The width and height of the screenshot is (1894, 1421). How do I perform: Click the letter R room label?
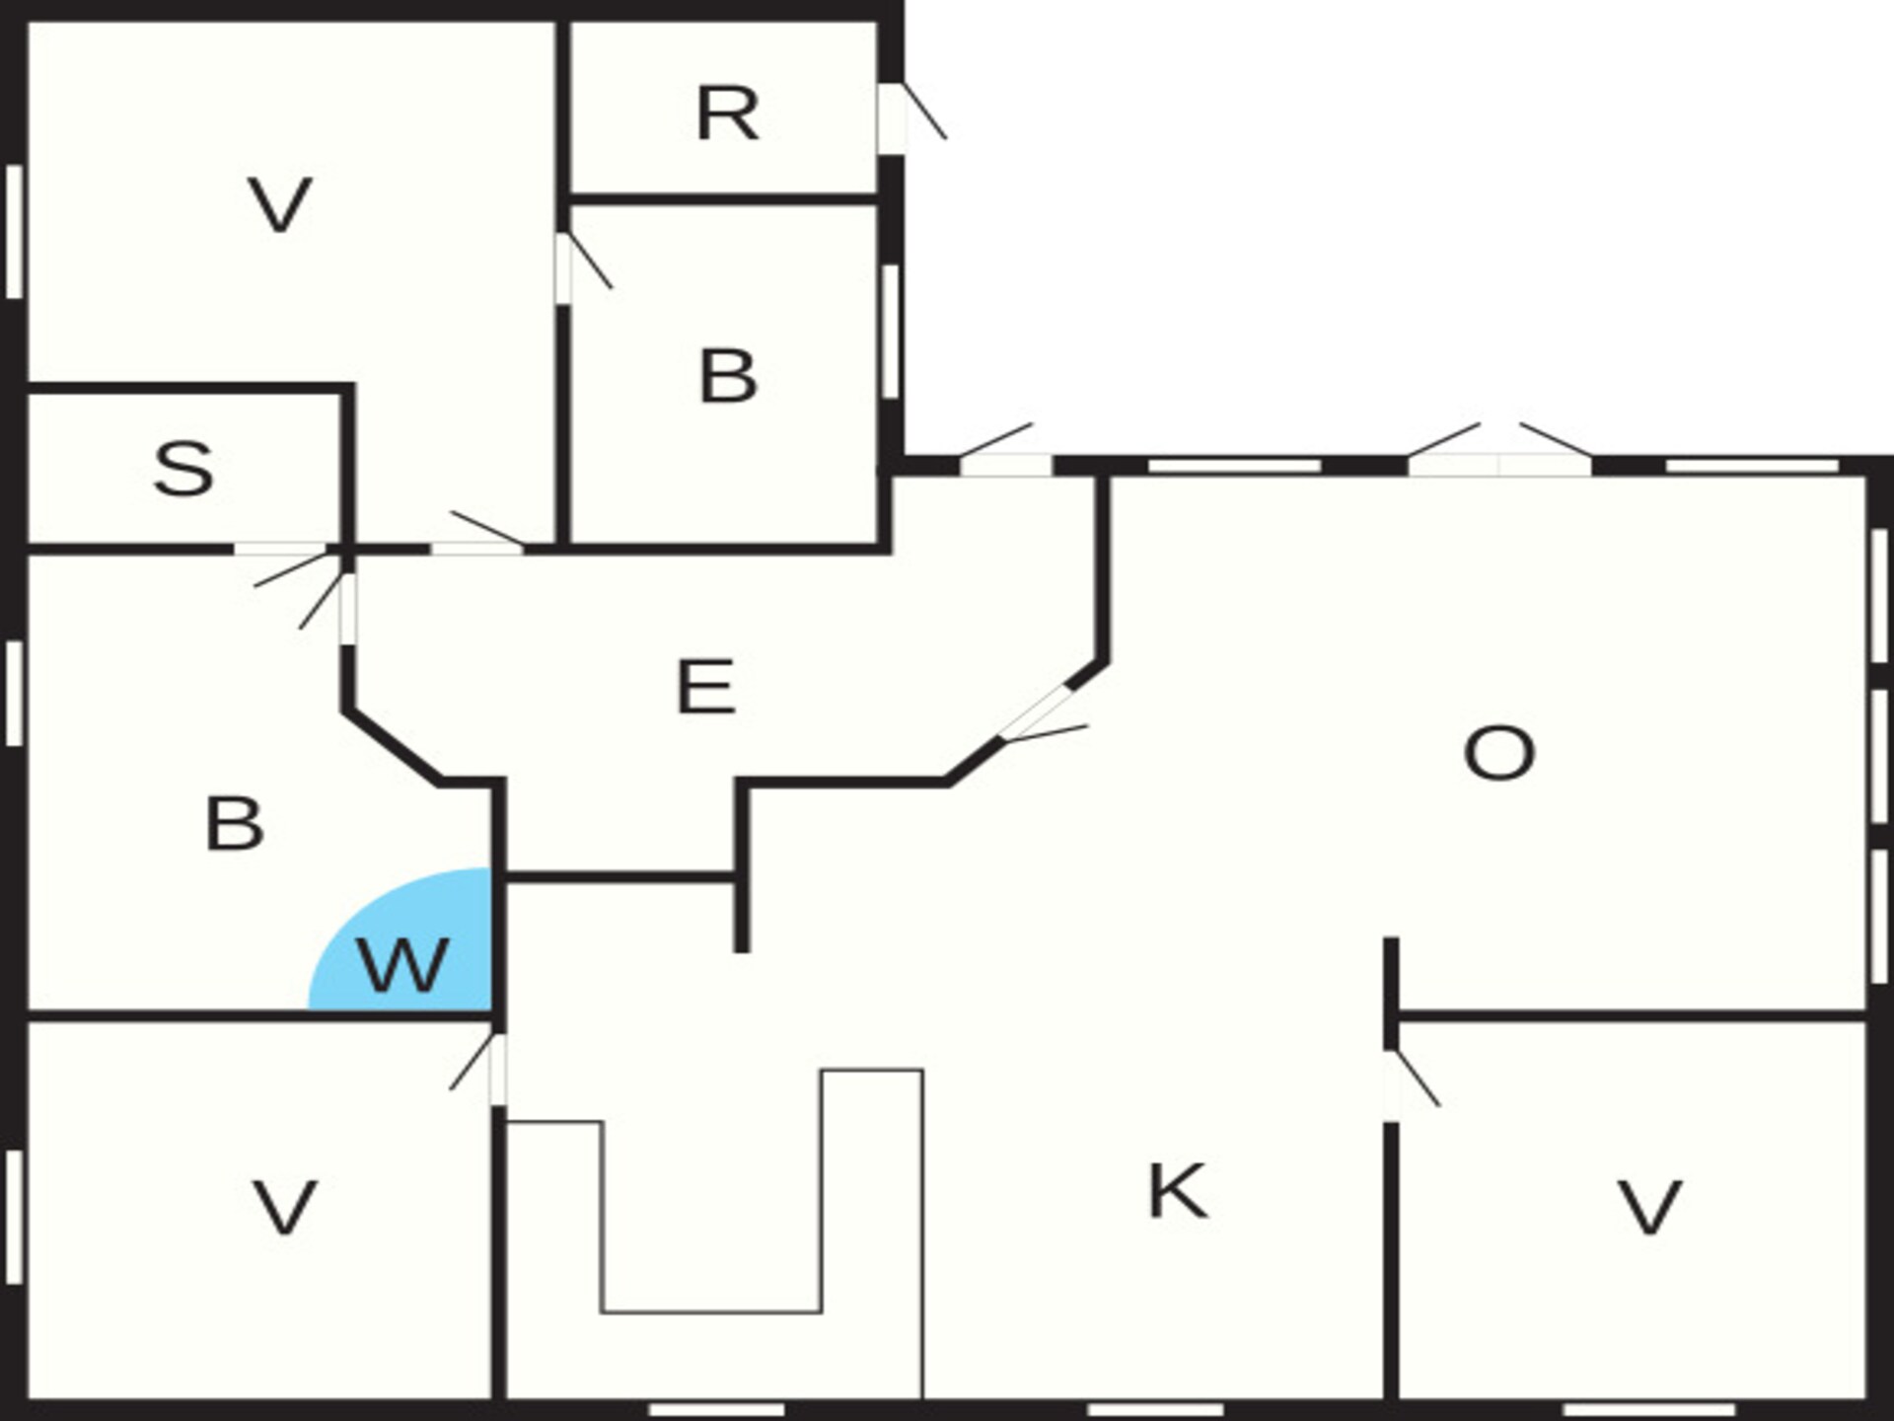pos(728,113)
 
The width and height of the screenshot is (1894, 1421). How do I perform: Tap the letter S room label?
pos(184,468)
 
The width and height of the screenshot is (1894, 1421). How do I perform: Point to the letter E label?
pos(705,686)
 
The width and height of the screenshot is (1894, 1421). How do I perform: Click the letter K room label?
pos(1178,1191)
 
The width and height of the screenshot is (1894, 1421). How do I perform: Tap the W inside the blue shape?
pos(402,964)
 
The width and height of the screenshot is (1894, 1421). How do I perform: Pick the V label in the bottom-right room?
pos(1649,1208)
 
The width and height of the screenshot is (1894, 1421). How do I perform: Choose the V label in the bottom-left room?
pos(285,1208)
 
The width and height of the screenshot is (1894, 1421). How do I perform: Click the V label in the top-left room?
pos(280,204)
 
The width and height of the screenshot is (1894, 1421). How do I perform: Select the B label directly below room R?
pos(728,376)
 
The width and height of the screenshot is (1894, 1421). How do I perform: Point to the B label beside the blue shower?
pos(234,824)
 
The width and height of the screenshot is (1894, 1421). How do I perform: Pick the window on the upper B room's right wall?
pos(890,332)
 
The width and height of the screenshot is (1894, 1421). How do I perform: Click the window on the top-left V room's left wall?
pos(14,232)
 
